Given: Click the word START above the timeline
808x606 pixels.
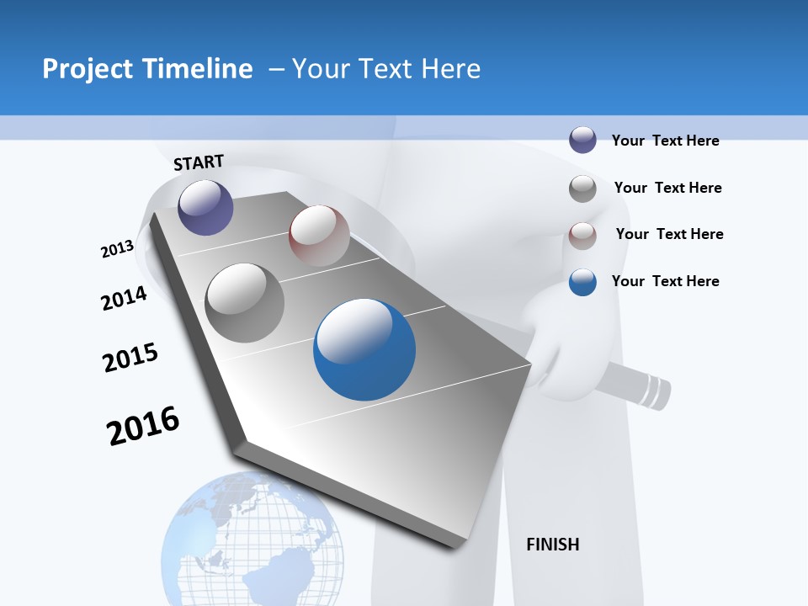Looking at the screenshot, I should click(199, 162).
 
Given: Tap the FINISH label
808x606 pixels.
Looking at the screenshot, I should click(552, 545).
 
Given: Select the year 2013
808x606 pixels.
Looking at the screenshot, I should click(117, 249).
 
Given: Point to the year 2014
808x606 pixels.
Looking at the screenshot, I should click(124, 298).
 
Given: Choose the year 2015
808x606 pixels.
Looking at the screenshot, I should click(130, 358).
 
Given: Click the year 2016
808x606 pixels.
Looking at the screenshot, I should click(143, 425).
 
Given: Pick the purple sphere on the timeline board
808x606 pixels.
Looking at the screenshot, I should click(205, 207).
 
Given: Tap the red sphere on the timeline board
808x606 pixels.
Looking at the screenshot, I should click(319, 236).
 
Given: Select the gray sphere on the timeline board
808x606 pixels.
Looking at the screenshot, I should click(245, 302).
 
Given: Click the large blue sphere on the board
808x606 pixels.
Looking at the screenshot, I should click(364, 349).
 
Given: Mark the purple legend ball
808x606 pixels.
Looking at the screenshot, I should click(582, 140).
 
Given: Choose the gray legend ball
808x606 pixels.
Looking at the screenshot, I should click(582, 189).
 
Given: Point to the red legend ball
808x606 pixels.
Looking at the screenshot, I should click(582, 236).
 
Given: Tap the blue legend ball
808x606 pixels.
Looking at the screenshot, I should click(582, 282).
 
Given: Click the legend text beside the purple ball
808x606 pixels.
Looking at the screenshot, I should click(665, 141).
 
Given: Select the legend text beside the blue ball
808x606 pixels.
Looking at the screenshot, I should click(665, 281).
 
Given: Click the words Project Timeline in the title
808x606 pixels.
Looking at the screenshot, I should click(147, 69).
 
